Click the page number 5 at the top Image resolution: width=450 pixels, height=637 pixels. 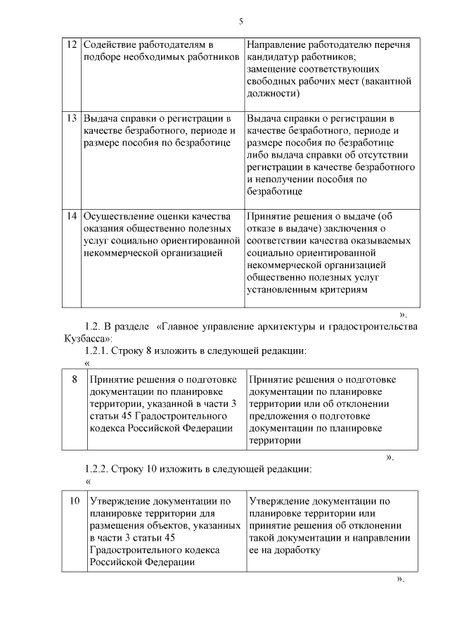point(241,21)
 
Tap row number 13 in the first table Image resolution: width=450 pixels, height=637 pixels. point(71,118)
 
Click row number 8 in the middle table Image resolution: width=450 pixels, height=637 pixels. point(75,379)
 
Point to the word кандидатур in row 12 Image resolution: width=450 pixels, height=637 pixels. point(274,57)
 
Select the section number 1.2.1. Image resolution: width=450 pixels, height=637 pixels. point(98,351)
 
